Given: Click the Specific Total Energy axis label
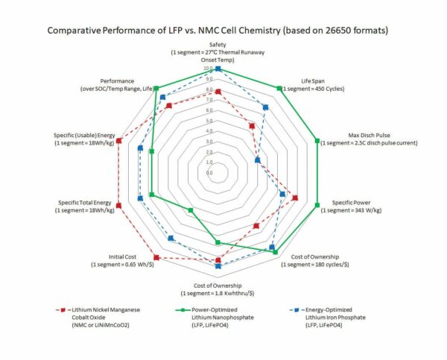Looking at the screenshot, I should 85,206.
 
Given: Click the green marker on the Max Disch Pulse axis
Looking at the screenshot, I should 317,139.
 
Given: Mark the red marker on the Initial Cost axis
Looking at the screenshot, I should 156,258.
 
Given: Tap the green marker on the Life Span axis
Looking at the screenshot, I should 279,88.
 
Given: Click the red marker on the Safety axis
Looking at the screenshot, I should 218,92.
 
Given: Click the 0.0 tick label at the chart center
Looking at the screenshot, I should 209,172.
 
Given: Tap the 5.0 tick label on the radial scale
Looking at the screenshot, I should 209,120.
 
